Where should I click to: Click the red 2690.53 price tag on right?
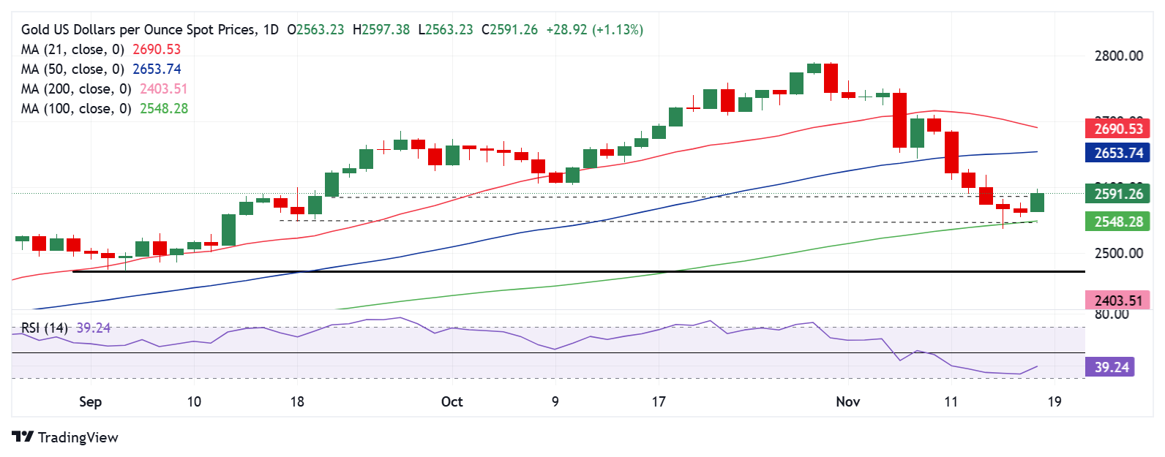click(x=1117, y=129)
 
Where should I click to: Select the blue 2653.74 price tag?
click(x=1117, y=153)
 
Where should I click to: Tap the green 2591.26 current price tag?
click(x=1117, y=194)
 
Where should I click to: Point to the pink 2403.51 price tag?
click(x=1117, y=301)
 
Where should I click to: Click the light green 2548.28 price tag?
click(x=1117, y=222)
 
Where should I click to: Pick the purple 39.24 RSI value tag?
click(x=1111, y=367)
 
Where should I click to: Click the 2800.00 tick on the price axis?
click(x=1118, y=56)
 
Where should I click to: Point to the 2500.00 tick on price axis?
click(x=1118, y=254)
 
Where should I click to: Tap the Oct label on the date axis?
click(x=452, y=401)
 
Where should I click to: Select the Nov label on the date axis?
click(x=847, y=401)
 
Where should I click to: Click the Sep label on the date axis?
click(x=90, y=401)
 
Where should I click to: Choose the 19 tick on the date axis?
click(x=1055, y=401)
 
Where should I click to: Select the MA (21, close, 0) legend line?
click(x=100, y=50)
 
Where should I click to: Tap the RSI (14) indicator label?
click(x=44, y=328)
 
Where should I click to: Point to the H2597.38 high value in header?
click(x=381, y=30)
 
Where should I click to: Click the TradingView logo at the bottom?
click(x=65, y=437)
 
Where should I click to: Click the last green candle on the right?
click(x=1037, y=203)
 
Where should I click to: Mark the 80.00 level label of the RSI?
click(x=1111, y=314)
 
